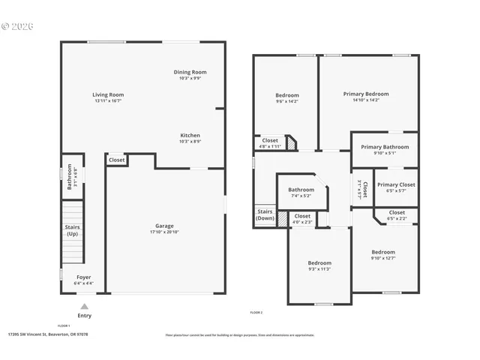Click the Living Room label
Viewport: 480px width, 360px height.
(x=108, y=94)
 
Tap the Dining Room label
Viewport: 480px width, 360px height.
(x=190, y=72)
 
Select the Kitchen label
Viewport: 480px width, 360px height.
(x=190, y=136)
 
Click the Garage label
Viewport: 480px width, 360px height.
(x=164, y=226)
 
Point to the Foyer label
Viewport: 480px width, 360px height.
(x=84, y=277)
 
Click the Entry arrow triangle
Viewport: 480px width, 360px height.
(x=84, y=306)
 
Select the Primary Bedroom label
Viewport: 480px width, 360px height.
(x=365, y=94)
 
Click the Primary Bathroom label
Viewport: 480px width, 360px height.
(x=385, y=147)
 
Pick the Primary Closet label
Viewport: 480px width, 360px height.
(x=396, y=184)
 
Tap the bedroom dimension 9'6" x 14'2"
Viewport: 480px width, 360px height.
(x=286, y=101)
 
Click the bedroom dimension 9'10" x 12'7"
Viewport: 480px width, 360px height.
(x=382, y=259)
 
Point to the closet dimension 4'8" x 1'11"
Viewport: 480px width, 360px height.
(x=270, y=146)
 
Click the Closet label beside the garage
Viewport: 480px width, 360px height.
(x=117, y=160)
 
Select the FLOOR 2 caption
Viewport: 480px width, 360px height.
(x=256, y=312)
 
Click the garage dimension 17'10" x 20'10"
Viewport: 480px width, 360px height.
(x=164, y=232)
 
